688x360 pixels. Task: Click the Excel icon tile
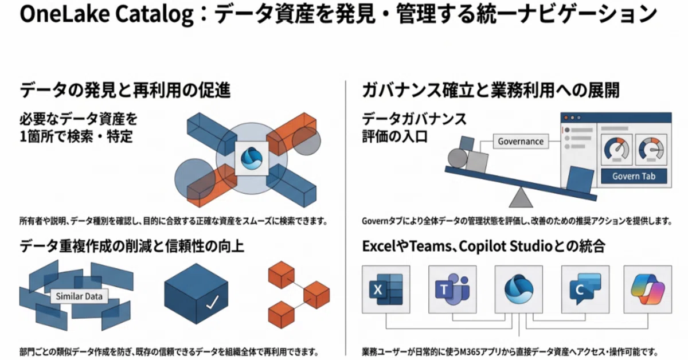386,289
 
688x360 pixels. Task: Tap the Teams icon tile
452,289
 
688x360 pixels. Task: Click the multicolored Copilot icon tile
648,289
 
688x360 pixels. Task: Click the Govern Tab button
634,177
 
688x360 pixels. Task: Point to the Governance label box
521,141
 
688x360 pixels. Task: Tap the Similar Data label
79,296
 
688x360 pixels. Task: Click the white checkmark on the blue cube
212,302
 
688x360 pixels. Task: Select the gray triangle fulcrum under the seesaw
521,198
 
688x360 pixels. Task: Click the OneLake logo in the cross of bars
252,158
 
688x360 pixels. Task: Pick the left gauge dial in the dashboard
616,150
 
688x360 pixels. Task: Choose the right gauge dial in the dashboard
651,150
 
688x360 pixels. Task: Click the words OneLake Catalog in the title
107,14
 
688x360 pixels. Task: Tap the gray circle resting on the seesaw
458,158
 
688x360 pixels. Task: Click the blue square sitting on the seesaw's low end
580,180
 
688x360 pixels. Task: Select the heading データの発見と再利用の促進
125,91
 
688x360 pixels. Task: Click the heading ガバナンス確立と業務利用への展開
491,91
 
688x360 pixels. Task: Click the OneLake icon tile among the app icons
519,289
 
